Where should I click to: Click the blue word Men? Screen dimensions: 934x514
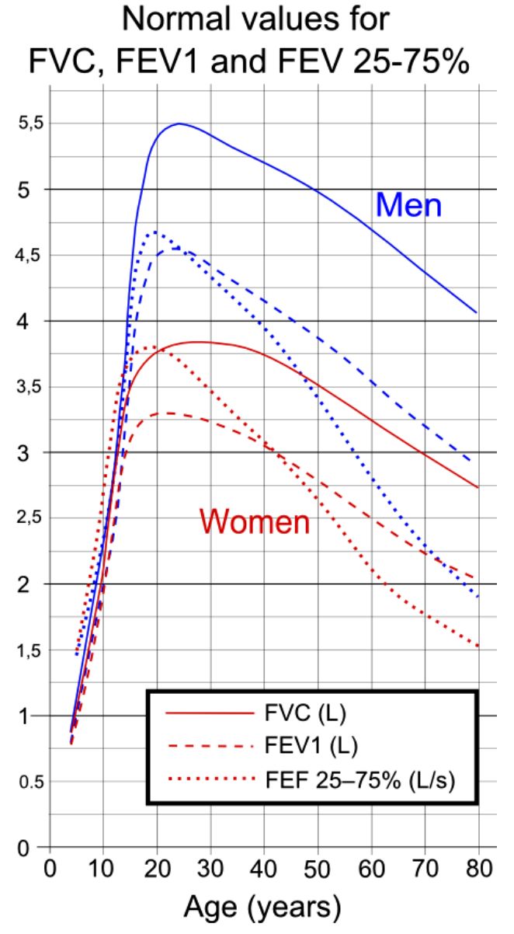pos(408,205)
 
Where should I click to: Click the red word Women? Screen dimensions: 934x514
pos(255,521)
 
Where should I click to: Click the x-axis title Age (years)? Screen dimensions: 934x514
pos(262,906)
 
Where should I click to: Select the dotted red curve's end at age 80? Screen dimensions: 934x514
pos(478,646)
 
